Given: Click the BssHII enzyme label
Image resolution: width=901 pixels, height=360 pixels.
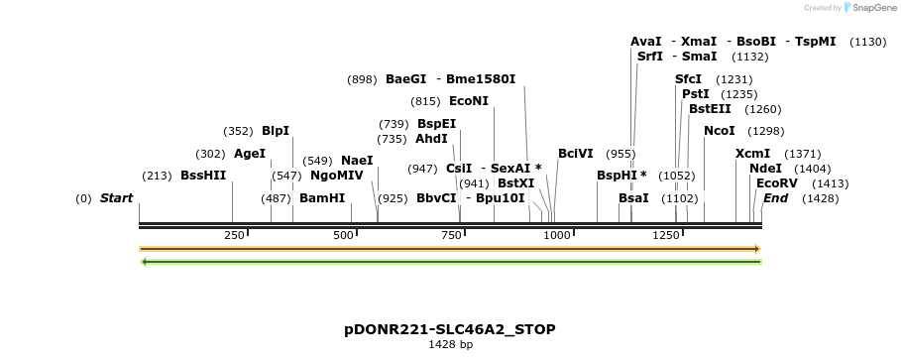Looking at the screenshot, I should pyautogui.click(x=203, y=176).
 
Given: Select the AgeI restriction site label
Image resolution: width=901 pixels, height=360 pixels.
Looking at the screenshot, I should pyautogui.click(x=250, y=154).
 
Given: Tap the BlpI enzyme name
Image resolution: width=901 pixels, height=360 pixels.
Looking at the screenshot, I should pyautogui.click(x=276, y=131).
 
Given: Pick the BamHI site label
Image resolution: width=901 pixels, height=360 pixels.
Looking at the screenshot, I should pyautogui.click(x=322, y=198).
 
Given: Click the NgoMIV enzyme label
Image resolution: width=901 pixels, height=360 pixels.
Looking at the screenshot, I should pyautogui.click(x=337, y=176).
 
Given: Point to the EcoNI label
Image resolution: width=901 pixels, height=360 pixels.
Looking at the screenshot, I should pyautogui.click(x=469, y=101).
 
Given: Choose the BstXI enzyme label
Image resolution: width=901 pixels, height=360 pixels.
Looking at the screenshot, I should pyautogui.click(x=515, y=183).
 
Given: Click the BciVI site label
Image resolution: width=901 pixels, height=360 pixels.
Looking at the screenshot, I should pyautogui.click(x=576, y=154).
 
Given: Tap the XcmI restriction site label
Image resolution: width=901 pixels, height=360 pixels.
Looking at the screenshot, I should pyautogui.click(x=752, y=154).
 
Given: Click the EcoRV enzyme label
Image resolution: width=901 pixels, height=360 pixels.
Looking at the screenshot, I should pyautogui.click(x=776, y=183).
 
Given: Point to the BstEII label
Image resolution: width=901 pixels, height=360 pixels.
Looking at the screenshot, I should pyautogui.click(x=710, y=109).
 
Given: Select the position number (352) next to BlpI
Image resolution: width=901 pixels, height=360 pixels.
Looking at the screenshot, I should pyautogui.click(x=238, y=131).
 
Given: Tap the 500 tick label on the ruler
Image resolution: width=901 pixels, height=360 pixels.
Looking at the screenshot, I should pyautogui.click(x=343, y=235).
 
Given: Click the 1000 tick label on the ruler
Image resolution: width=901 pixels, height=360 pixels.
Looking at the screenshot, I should pyautogui.click(x=556, y=235).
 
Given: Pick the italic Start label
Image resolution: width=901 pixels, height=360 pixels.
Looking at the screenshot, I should pyautogui.click(x=116, y=198).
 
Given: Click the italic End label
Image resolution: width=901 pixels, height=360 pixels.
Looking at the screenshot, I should pyautogui.click(x=775, y=198).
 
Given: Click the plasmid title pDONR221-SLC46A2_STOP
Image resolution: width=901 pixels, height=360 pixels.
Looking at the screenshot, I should pyautogui.click(x=450, y=328).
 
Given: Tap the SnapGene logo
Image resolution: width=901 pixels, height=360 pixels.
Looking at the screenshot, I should pyautogui.click(x=866, y=8).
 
